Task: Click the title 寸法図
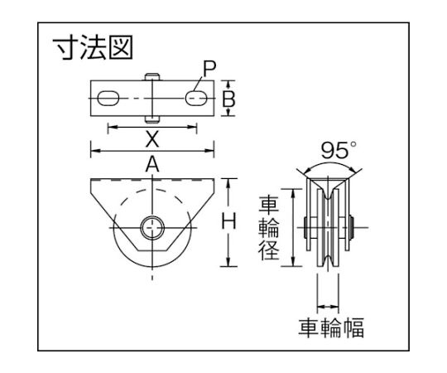coord(93,47)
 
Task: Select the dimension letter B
coord(228,99)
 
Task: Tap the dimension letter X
coord(152,139)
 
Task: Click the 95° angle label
coord(339,150)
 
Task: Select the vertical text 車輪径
coord(268,229)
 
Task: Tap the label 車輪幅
coord(331,328)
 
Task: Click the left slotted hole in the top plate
coord(108,99)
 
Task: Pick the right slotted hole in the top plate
coord(196,99)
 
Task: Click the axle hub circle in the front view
coord(152,227)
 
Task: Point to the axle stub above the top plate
coord(152,77)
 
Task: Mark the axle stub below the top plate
coord(152,119)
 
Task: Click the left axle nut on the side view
coord(305,228)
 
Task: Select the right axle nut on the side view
coord(352,228)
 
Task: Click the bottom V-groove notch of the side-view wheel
coord(329,261)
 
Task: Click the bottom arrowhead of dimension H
coord(228,262)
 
